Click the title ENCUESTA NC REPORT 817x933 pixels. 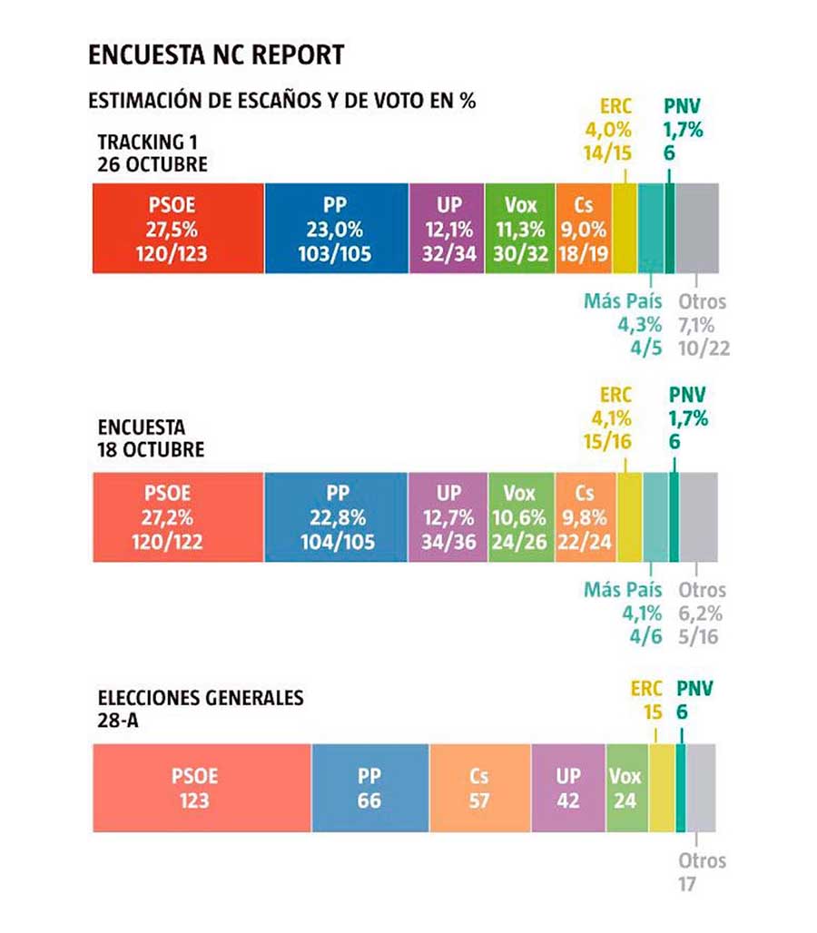pos(216,54)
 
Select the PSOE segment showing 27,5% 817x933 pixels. pos(179,228)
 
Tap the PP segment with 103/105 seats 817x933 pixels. pos(336,228)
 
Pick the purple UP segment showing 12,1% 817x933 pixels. pos(446,228)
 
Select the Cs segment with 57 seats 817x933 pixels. pos(479,788)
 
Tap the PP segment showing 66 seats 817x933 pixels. pos(369,788)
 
